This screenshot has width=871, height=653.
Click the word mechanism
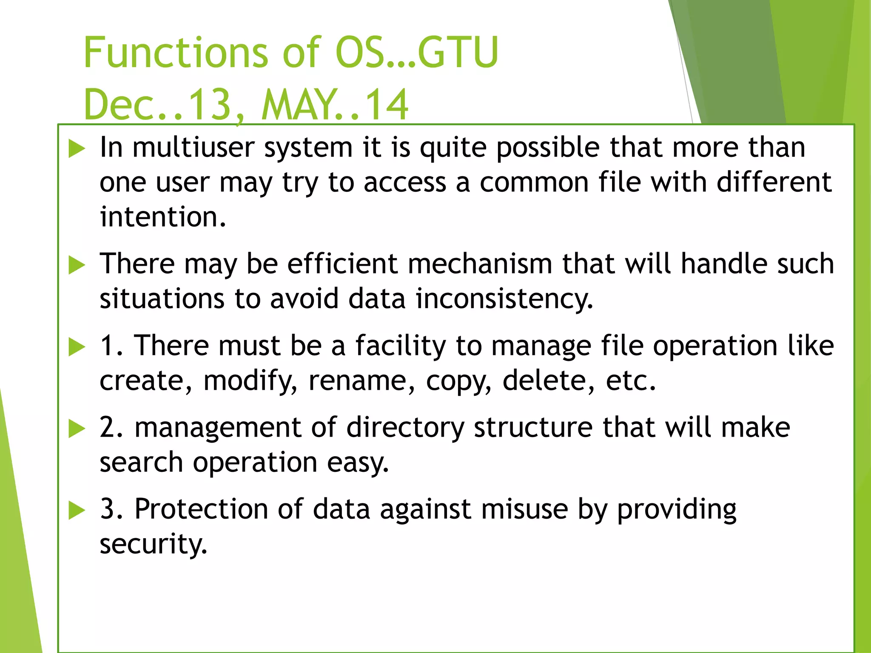pos(480,264)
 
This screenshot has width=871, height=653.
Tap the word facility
pos(401,345)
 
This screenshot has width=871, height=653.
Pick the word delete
pos(544,380)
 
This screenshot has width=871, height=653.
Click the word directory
pos(405,427)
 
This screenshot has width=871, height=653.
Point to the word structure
pos(533,427)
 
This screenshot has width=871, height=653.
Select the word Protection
pos(201,509)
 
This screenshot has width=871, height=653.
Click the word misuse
pos(524,509)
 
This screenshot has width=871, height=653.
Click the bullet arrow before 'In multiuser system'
pos(77,149)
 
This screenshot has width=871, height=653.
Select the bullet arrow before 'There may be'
pos(77,265)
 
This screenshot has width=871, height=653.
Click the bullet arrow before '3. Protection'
pos(77,511)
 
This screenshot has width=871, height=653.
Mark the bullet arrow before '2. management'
pos(77,429)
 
